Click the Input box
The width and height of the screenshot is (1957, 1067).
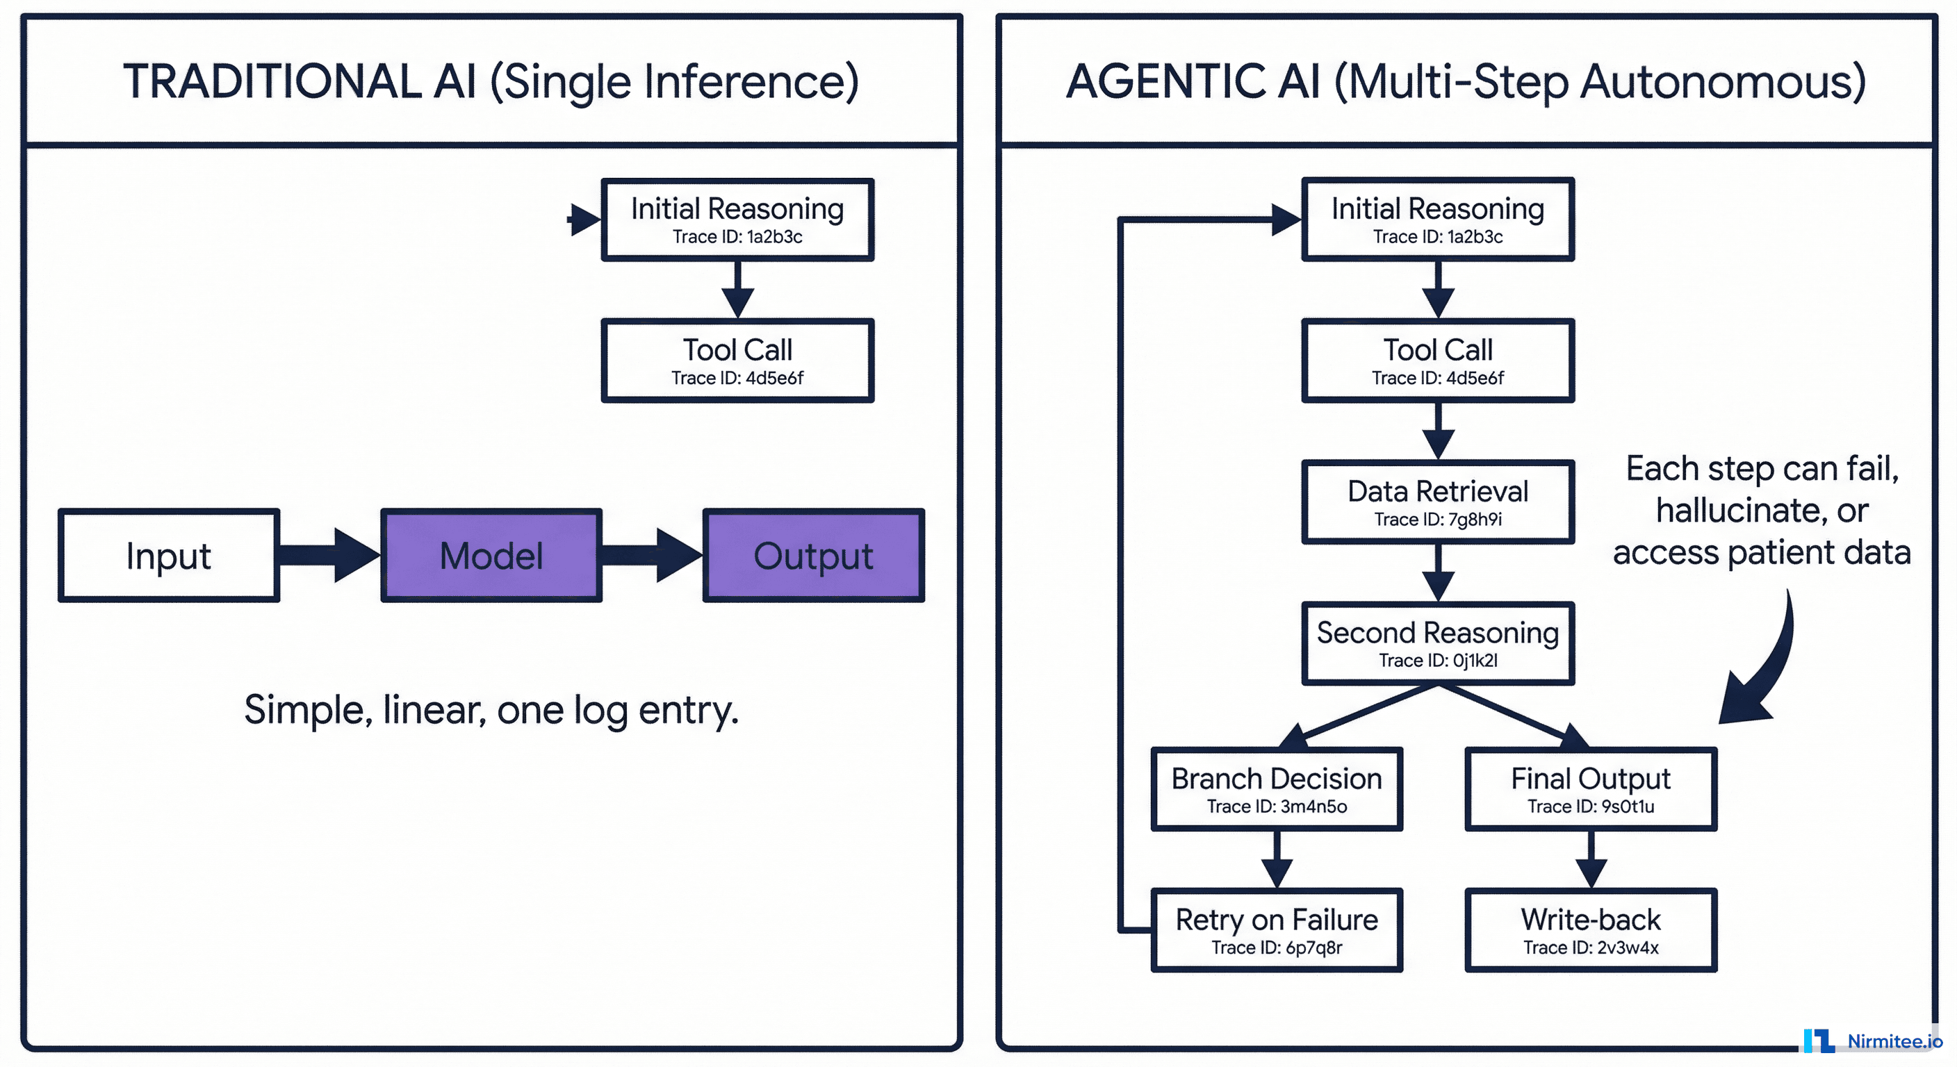[169, 556]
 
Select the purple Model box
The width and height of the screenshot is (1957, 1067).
[491, 556]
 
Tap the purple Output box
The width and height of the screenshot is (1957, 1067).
[813, 556]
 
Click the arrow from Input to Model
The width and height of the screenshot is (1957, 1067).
[329, 555]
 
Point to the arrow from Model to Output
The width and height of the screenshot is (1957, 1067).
[652, 555]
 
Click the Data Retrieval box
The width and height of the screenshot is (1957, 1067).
[1437, 502]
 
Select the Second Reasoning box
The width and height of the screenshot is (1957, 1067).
[1437, 643]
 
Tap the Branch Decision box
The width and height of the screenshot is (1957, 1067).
[1277, 789]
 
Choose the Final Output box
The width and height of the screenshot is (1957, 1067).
[1590, 789]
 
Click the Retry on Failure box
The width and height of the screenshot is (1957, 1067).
[1277, 929]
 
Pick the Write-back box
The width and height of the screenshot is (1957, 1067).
[1590, 929]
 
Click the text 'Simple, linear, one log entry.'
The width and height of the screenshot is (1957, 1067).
[491, 710]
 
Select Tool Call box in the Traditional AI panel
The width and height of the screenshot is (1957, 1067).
[737, 360]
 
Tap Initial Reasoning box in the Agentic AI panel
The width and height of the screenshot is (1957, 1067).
[1437, 220]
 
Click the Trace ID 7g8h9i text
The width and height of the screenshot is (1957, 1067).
[1437, 520]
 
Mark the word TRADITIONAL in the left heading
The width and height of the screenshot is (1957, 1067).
[271, 81]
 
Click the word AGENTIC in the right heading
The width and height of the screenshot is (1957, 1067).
[1165, 81]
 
